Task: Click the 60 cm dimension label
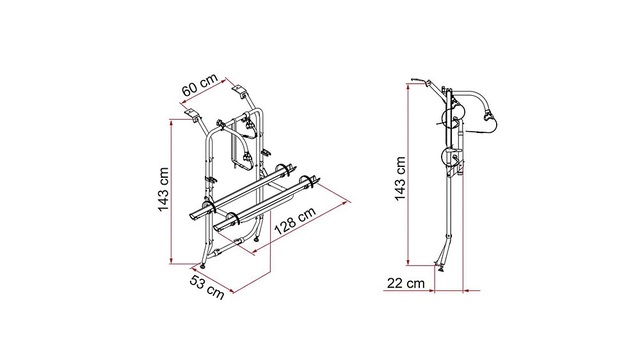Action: [200, 85]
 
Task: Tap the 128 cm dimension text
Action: [295, 221]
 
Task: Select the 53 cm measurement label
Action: [207, 287]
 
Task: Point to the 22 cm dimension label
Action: [406, 283]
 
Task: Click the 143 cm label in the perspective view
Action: [163, 189]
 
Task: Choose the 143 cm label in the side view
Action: [400, 178]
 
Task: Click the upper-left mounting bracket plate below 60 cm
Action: [190, 112]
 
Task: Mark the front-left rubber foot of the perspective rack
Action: [203, 265]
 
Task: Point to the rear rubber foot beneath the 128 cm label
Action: [256, 239]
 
